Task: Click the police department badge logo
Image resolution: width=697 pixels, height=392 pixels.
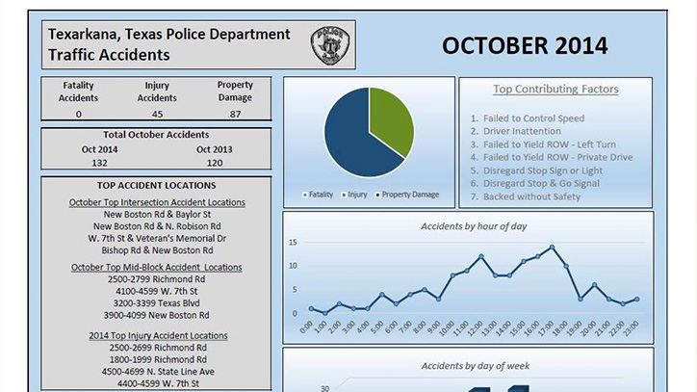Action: (x=330, y=44)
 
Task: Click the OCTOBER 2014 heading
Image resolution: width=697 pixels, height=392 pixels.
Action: (x=525, y=46)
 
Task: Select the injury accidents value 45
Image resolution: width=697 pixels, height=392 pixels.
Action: (x=157, y=114)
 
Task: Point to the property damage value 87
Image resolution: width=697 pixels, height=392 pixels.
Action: (x=235, y=114)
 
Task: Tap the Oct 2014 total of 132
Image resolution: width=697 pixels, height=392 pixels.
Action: (x=99, y=163)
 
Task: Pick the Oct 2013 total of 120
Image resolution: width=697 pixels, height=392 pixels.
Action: (x=215, y=163)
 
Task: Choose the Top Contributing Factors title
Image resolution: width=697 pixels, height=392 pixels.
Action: (x=555, y=89)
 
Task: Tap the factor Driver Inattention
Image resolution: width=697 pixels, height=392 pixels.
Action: (x=522, y=131)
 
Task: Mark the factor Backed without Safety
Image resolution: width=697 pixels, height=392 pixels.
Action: (x=531, y=196)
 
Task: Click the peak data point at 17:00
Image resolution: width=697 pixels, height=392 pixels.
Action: (x=552, y=247)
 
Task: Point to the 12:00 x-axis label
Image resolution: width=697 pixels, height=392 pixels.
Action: (x=475, y=327)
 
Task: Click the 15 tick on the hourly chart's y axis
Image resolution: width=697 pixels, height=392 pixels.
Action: (x=293, y=243)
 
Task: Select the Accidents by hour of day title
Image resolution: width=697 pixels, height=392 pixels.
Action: (x=474, y=226)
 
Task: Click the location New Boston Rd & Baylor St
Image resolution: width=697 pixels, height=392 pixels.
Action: (x=157, y=215)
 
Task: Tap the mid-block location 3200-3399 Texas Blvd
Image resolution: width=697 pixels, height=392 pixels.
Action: (x=157, y=303)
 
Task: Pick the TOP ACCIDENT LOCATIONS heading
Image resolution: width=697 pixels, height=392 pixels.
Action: (x=157, y=186)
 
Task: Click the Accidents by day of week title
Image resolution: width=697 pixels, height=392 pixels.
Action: (x=476, y=366)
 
